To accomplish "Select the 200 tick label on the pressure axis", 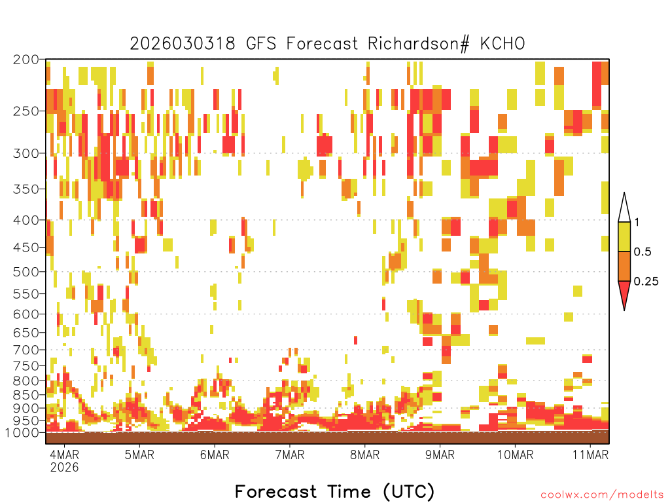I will tap(26, 60).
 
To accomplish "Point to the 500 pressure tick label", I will tap(26, 271).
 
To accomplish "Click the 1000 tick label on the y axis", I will tap(24, 432).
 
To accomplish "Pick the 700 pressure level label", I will tap(26, 349).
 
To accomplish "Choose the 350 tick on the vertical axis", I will tap(26, 189).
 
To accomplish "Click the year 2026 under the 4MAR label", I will tap(64, 468).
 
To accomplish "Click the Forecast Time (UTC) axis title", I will tap(334, 491).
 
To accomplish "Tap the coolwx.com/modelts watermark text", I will tap(601, 494).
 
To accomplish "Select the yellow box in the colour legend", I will tap(624, 236).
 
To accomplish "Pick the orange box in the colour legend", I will tap(624, 266).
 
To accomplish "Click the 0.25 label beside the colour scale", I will tap(646, 282).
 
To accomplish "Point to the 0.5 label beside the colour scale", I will tap(643, 252).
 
